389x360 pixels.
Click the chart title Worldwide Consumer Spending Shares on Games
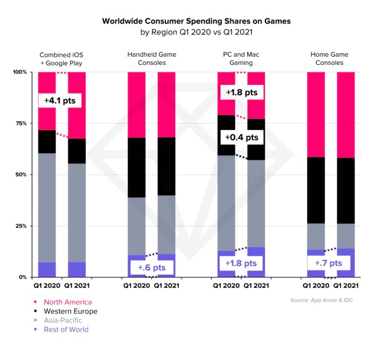(196, 21)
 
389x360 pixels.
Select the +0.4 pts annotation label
(241, 138)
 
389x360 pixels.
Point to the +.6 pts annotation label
(151, 267)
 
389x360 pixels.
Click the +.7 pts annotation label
(328, 263)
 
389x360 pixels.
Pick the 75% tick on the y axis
(20, 123)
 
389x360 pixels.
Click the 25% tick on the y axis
(20, 226)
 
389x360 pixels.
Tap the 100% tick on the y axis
(19, 72)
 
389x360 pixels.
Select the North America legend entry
(67, 302)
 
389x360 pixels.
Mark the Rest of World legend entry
(66, 330)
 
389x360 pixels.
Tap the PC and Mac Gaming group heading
(241, 58)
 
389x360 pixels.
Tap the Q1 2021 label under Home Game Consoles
(345, 285)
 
